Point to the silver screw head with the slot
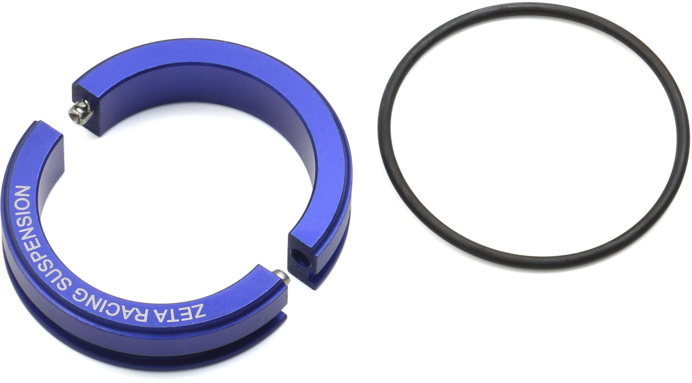pos(82,111)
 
